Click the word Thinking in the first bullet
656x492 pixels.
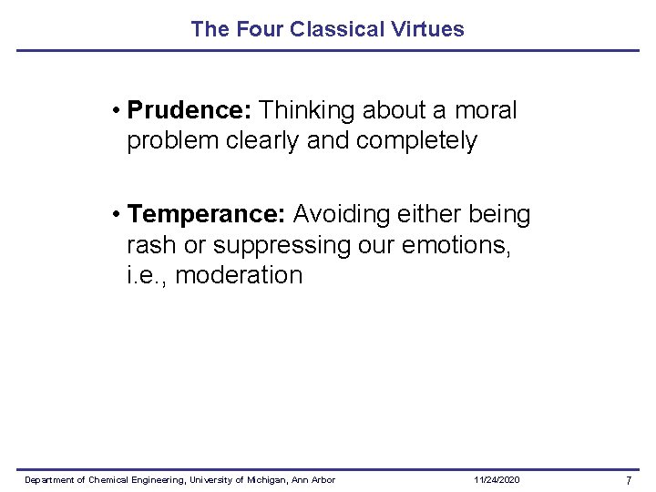coord(307,111)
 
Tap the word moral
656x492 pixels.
coord(485,111)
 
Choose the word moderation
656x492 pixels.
coord(238,276)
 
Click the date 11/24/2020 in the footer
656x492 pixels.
coord(497,480)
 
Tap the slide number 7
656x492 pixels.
coord(628,480)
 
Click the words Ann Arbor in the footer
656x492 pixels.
coord(315,480)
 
